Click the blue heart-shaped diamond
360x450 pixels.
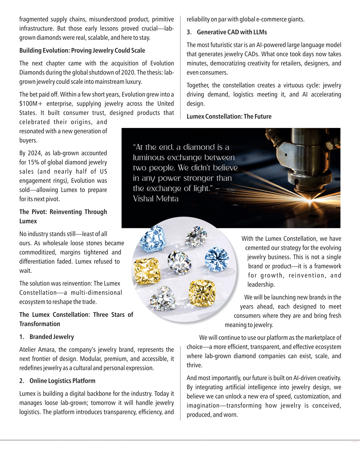(x=153, y=238)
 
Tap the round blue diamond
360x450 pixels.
(x=217, y=259)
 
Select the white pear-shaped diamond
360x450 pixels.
(x=196, y=236)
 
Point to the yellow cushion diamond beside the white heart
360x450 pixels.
(x=202, y=293)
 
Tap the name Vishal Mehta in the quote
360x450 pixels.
(x=156, y=199)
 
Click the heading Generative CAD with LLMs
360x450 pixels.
(x=232, y=32)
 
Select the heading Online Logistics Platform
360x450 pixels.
(x=62, y=381)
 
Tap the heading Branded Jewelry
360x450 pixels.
(x=52, y=337)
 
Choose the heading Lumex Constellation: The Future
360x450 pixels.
(x=229, y=116)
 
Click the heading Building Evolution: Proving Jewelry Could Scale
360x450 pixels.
(x=82, y=51)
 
